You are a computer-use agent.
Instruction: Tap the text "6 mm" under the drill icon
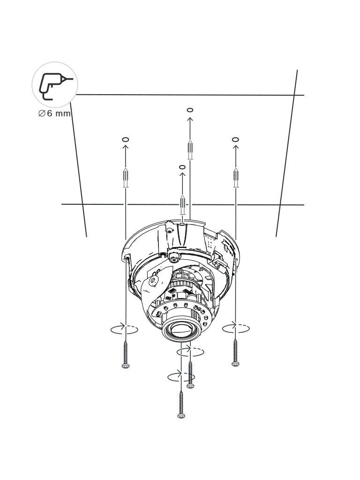point(59,114)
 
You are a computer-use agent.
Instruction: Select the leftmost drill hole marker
point(125,140)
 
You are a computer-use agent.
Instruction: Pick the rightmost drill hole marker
point(235,139)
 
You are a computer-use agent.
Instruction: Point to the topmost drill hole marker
point(190,110)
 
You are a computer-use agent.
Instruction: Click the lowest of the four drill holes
point(182,167)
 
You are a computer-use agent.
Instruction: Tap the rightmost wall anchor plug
point(236,177)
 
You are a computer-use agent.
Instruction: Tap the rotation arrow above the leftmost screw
point(125,329)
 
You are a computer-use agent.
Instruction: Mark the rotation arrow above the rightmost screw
point(236,328)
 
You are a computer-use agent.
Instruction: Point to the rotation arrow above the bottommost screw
point(181,375)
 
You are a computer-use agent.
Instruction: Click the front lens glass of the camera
point(180,331)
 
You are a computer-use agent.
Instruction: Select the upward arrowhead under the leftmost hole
point(125,147)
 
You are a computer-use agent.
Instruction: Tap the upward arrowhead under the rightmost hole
point(235,147)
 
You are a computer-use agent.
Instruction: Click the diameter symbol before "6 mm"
point(42,114)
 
